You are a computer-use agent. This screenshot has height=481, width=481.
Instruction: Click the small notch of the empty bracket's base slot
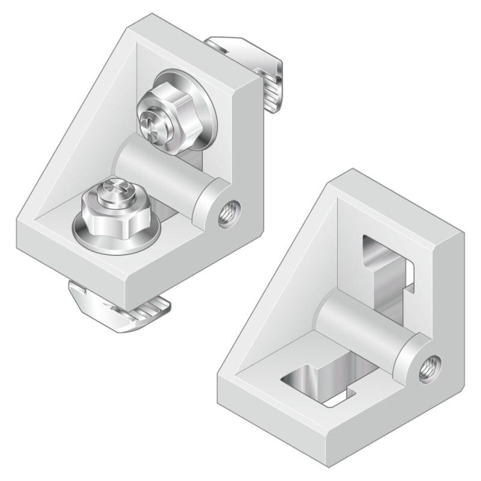pyautogui.click(x=346, y=397)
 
